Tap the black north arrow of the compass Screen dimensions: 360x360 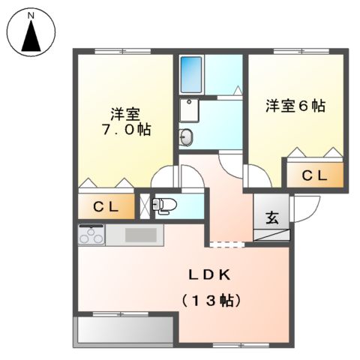(31, 36)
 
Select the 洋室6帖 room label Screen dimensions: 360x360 (295, 106)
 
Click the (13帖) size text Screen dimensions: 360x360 (210, 300)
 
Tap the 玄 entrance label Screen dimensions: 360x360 (272, 218)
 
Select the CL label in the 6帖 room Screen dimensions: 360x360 (313, 175)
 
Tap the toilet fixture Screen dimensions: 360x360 (163, 204)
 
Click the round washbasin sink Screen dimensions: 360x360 (187, 136)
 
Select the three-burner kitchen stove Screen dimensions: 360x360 (91, 235)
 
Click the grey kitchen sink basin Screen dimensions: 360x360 (141, 235)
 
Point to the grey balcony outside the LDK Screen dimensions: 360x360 (124, 329)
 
